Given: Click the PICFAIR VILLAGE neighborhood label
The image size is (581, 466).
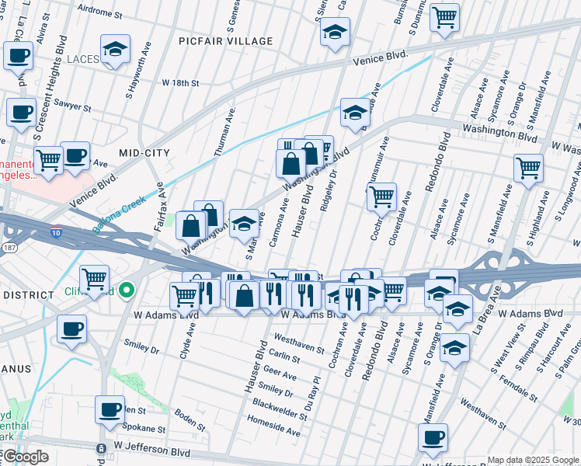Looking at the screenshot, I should point(225,41).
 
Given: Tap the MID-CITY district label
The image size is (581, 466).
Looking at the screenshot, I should point(144,154).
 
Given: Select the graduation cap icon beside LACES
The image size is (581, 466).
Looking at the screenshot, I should point(115,50).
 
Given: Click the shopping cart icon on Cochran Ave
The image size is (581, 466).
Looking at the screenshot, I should point(381,197).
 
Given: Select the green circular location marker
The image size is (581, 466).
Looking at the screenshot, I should point(130,291).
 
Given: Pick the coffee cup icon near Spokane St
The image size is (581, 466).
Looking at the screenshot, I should point(110,409).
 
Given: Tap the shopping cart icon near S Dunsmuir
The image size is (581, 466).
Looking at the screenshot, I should point(444,17).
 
